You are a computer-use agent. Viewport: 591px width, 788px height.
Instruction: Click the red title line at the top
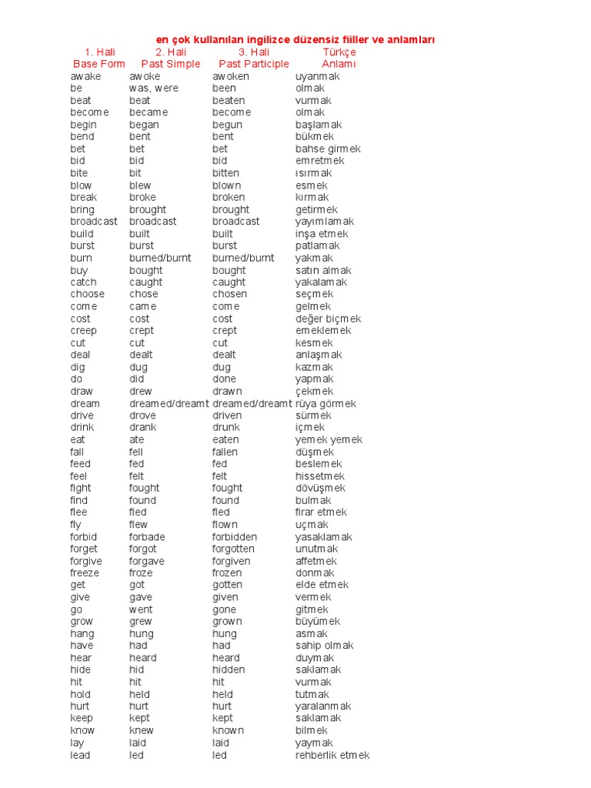[300, 39]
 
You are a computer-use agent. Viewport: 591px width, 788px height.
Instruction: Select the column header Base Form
[98, 64]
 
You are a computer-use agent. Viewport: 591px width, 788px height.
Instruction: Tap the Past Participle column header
[254, 64]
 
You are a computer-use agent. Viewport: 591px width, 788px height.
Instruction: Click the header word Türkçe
[339, 52]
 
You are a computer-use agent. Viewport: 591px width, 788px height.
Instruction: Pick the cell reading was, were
[154, 88]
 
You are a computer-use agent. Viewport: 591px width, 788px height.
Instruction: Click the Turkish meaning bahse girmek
[328, 149]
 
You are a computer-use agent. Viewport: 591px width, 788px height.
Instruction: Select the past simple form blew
[140, 185]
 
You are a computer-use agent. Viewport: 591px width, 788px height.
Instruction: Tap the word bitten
[225, 173]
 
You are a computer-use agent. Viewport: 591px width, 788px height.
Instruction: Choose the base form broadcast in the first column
[94, 222]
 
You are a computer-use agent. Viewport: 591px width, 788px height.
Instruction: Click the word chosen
[229, 294]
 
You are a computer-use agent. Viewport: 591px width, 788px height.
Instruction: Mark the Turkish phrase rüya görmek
[326, 403]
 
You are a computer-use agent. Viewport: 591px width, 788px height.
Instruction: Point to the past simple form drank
[142, 427]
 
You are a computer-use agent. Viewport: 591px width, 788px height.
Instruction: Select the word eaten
[225, 439]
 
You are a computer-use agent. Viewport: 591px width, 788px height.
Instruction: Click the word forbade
[147, 536]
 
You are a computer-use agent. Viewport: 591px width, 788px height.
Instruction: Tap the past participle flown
[225, 524]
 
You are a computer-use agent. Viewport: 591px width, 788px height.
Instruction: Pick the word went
[141, 609]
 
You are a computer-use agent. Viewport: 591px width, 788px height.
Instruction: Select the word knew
[141, 730]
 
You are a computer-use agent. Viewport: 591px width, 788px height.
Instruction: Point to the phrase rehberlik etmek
[332, 755]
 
